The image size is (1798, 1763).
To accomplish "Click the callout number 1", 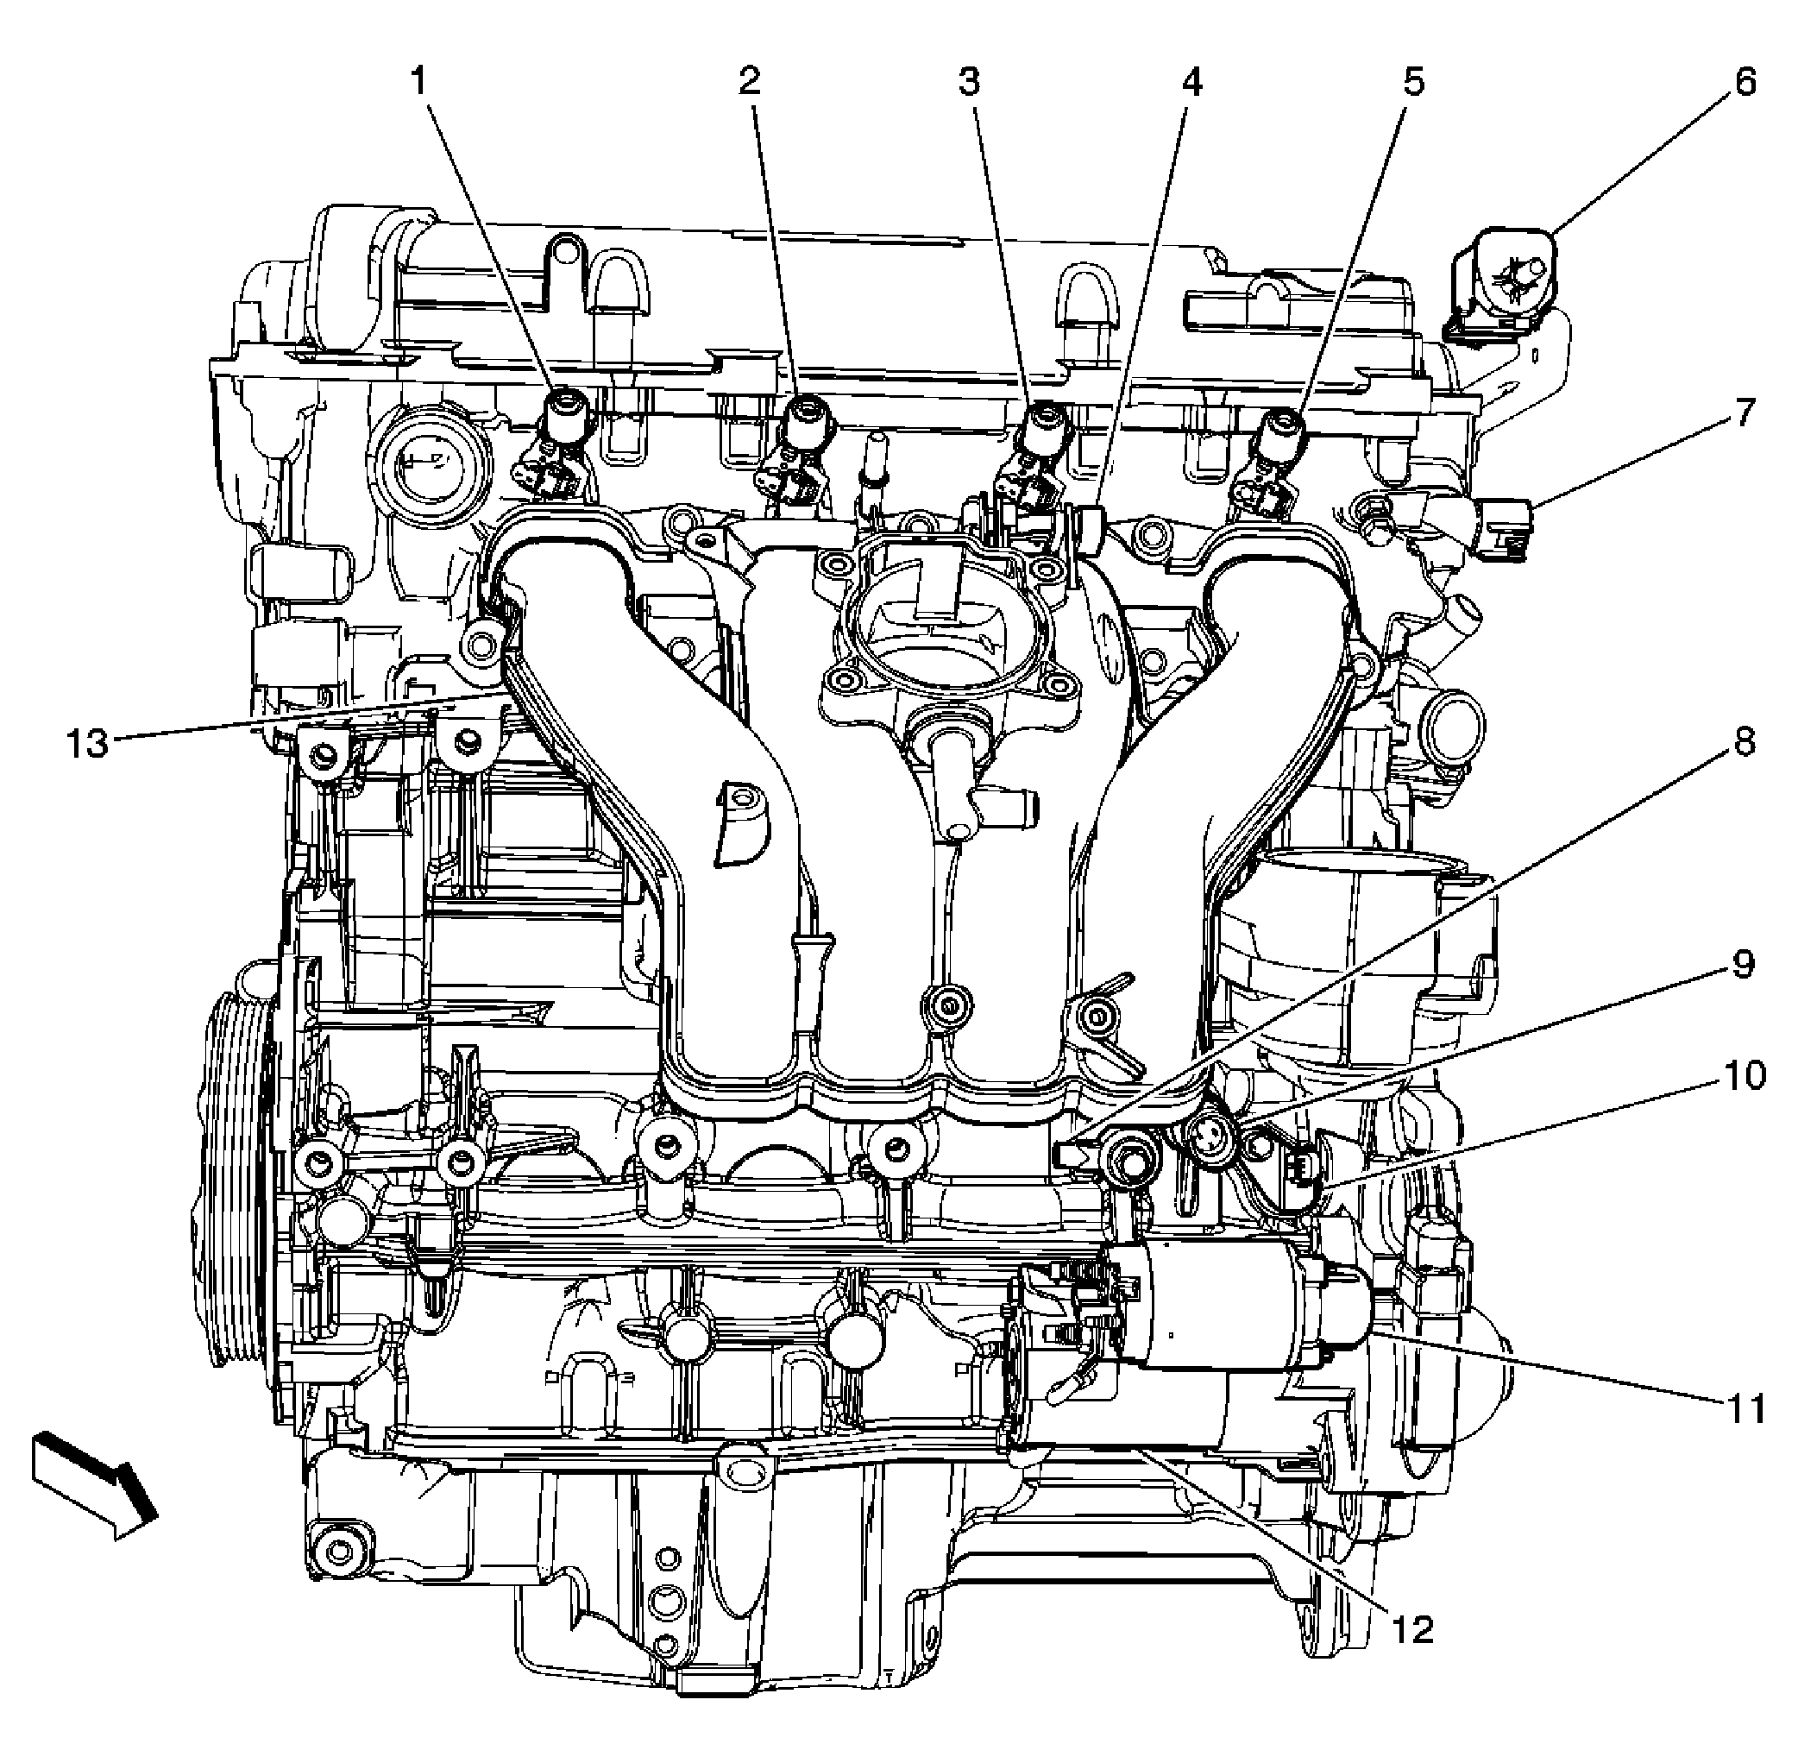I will tap(419, 82).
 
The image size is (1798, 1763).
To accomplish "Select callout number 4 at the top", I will tap(1191, 82).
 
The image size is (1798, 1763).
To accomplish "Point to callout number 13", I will tap(88, 743).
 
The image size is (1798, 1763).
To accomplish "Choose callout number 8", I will tap(1745, 741).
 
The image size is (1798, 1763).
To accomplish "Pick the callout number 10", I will tap(1745, 1076).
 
